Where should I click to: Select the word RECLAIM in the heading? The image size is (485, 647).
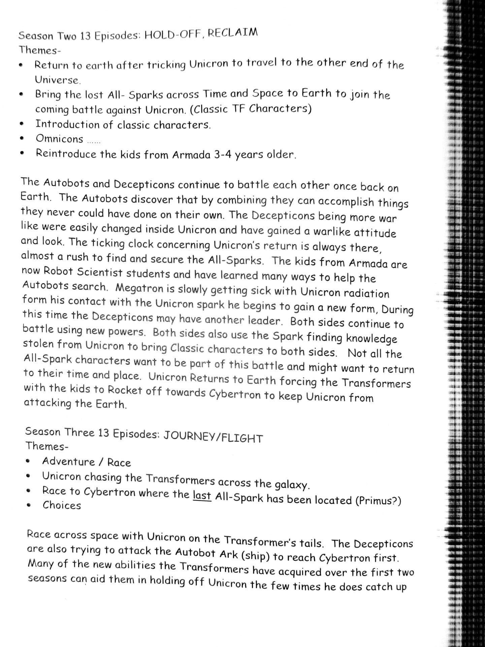tap(233, 33)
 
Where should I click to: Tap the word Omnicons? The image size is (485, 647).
tap(59, 139)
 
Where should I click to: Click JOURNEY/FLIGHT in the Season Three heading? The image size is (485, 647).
tap(213, 437)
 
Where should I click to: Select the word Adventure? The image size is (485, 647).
tap(69, 461)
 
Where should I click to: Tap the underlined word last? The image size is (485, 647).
tap(202, 495)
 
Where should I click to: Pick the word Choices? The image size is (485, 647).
tap(62, 505)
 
